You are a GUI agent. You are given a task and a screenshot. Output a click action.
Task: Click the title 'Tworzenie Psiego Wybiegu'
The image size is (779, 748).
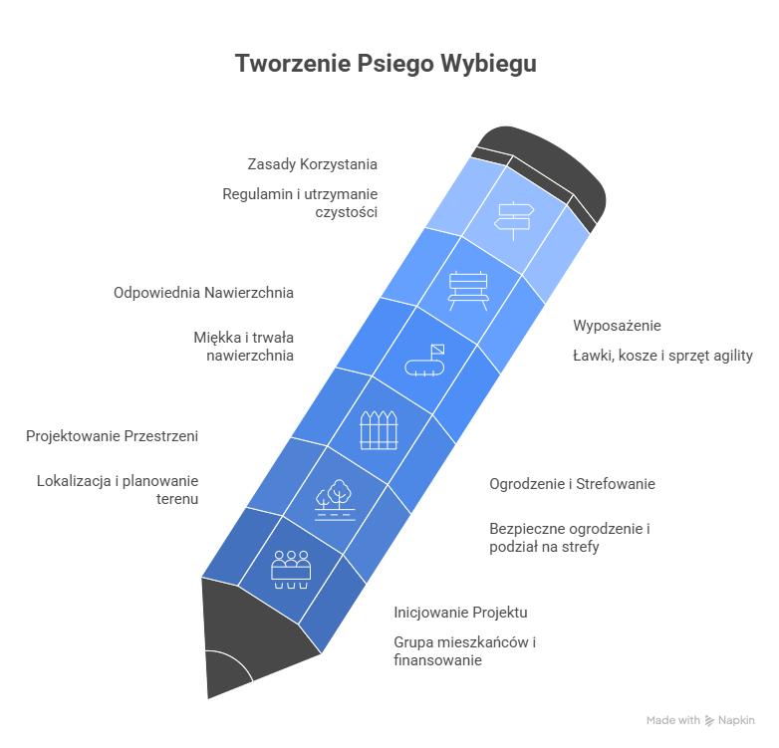[386, 65]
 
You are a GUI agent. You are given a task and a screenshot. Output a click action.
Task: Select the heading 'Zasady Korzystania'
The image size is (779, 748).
[312, 163]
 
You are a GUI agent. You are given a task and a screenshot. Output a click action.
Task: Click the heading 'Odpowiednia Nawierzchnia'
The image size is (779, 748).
[203, 293]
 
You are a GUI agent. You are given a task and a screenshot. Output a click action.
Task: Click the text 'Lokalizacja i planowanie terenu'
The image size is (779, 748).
[118, 489]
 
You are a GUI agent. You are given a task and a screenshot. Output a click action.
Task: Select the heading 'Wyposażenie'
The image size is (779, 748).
[617, 326]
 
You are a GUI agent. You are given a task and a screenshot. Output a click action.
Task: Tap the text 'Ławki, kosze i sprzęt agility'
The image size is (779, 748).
[662, 356]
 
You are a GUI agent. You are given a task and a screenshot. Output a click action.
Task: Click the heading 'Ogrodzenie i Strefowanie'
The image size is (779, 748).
[572, 484]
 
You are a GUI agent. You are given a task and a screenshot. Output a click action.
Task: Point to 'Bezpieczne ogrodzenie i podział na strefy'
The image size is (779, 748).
[569, 537]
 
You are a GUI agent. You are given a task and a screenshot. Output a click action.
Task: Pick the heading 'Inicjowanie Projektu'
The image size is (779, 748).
[460, 612]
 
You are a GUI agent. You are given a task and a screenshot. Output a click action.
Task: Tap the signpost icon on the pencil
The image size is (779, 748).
[516, 216]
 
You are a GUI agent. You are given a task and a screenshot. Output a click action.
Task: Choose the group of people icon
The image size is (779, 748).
[292, 568]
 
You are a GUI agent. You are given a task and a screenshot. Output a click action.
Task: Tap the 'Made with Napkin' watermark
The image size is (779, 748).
[699, 719]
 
